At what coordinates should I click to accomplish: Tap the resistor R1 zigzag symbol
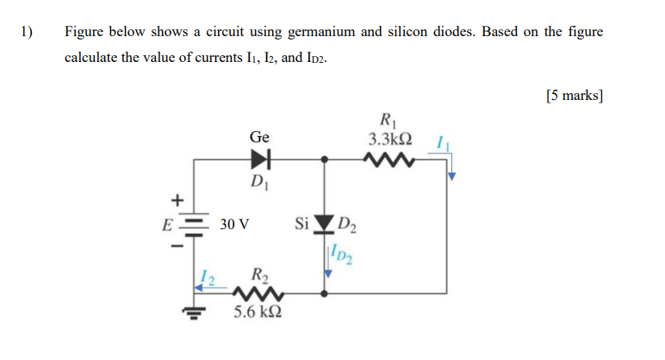[x=389, y=159]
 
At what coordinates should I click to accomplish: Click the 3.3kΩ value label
[x=389, y=139]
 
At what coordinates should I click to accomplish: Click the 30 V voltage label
[x=234, y=224]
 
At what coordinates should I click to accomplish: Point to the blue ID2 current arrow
[x=327, y=263]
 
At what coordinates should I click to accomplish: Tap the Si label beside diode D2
[x=301, y=225]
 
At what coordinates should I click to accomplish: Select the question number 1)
[x=28, y=32]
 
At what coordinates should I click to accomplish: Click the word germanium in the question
[x=320, y=32]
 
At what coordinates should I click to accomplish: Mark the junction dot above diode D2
[x=324, y=159]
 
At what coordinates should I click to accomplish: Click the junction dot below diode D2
[x=324, y=294]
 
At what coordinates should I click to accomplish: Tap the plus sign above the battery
[x=180, y=200]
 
